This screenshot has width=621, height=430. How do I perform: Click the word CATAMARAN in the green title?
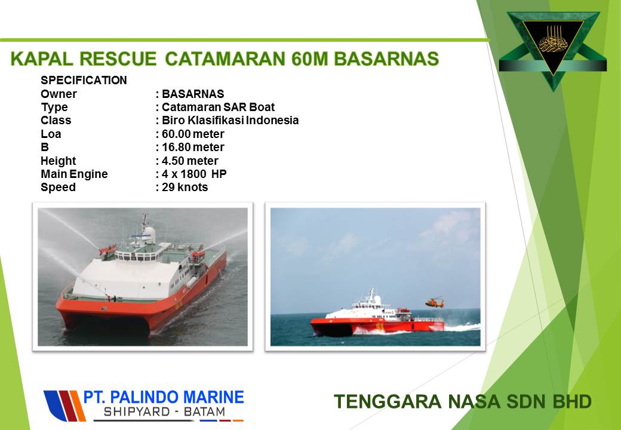pyautogui.click(x=225, y=59)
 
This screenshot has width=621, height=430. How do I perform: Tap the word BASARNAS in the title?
pyautogui.click(x=386, y=59)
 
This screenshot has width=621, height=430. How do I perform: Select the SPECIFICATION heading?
pyautogui.click(x=84, y=81)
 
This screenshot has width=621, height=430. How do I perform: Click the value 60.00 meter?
pyautogui.click(x=193, y=134)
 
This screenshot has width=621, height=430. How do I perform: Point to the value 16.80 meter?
pyautogui.click(x=193, y=148)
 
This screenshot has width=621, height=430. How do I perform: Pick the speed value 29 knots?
pyautogui.click(x=185, y=188)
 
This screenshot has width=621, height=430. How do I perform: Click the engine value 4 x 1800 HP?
pyautogui.click(x=194, y=174)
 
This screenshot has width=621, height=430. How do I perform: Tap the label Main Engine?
pyautogui.click(x=74, y=174)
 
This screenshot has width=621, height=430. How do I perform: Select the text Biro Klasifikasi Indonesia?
pyautogui.click(x=230, y=121)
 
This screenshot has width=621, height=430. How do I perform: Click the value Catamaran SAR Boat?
pyautogui.click(x=218, y=107)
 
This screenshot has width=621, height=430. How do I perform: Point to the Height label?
pyautogui.click(x=59, y=161)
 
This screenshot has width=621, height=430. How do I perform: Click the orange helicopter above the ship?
pyautogui.click(x=435, y=303)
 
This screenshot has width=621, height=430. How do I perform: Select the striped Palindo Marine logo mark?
pyautogui.click(x=64, y=406)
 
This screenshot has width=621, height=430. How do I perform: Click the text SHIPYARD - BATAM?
pyautogui.click(x=164, y=412)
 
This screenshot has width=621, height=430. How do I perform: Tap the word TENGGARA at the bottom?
pyautogui.click(x=387, y=401)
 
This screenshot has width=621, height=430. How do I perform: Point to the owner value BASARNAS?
pyautogui.click(x=193, y=94)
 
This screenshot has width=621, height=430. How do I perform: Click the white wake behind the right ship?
pyautogui.click(x=462, y=327)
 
